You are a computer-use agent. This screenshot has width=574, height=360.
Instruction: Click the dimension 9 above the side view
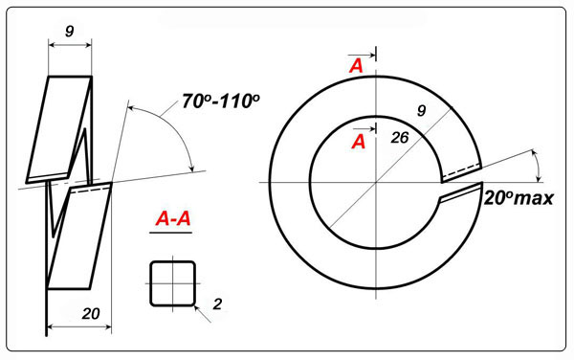[69, 32]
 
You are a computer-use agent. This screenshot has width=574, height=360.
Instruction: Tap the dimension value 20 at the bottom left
[91, 314]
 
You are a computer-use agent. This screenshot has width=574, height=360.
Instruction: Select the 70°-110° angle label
[221, 101]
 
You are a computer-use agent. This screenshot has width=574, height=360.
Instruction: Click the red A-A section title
[173, 218]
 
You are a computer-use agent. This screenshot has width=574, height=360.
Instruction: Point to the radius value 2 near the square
[217, 304]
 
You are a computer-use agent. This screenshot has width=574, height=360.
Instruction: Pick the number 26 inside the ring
[399, 138]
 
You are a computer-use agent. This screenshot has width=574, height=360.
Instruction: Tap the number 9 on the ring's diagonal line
[422, 110]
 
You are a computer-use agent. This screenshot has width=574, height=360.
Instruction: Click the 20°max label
[519, 198]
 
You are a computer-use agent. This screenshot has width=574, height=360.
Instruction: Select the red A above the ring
[356, 66]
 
